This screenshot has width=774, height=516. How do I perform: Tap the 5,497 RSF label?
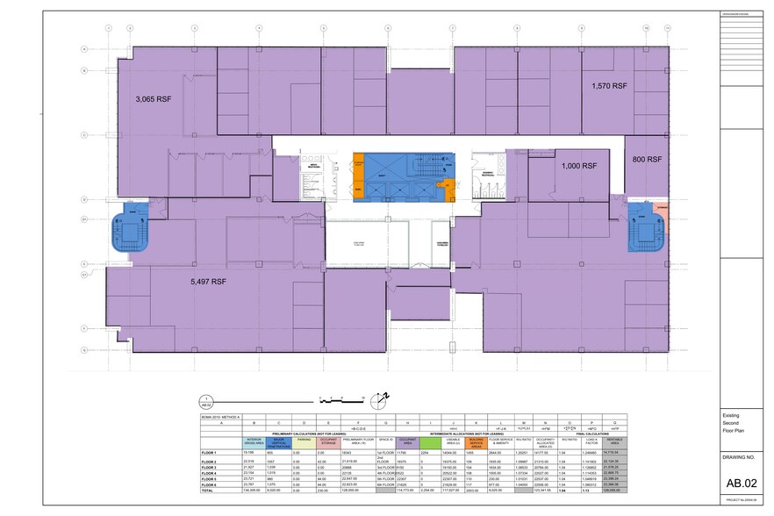point(207,282)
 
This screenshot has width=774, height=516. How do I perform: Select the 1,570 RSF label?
point(609,86)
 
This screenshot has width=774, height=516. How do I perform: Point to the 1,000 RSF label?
point(578,166)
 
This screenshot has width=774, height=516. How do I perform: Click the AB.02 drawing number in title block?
point(742,483)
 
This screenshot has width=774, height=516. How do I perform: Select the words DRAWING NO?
point(742,457)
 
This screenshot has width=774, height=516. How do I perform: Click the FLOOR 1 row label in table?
point(209,453)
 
